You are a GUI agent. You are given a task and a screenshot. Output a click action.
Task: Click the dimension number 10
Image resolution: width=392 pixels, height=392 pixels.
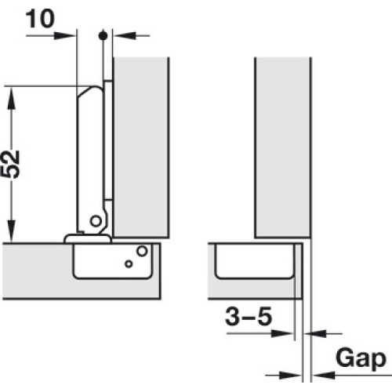[x=40, y=19]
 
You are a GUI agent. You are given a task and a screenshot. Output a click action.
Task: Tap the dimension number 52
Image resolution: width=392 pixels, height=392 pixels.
[x=10, y=164]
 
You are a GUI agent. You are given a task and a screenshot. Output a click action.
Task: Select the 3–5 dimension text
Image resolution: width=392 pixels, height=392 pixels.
[x=249, y=316]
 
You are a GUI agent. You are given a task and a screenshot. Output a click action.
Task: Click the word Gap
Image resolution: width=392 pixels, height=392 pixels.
[x=361, y=359]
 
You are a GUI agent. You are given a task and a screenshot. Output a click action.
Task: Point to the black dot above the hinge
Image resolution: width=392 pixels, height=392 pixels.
[x=103, y=35]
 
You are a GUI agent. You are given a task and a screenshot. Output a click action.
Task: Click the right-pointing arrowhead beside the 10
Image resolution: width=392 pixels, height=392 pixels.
[x=64, y=35]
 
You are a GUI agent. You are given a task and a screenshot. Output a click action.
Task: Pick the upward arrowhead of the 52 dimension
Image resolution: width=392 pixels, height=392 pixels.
[x=12, y=98]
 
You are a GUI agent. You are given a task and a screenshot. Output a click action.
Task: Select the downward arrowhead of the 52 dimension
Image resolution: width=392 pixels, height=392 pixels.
[x=12, y=230]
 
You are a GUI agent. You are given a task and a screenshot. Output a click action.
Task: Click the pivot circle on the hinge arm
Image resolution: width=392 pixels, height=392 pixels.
[x=96, y=221]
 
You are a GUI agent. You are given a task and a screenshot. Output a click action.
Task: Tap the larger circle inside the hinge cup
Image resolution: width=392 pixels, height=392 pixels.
[x=142, y=251]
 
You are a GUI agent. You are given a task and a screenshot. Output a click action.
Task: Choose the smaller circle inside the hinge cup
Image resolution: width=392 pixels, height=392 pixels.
[x=129, y=264]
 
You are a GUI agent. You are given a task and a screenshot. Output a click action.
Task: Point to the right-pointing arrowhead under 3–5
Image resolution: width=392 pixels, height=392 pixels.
[x=281, y=333]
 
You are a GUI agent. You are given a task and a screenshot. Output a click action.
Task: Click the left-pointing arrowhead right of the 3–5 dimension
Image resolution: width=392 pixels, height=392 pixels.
[x=316, y=333]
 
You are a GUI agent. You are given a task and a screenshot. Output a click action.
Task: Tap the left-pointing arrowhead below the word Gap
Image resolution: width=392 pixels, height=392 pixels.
[x=324, y=376]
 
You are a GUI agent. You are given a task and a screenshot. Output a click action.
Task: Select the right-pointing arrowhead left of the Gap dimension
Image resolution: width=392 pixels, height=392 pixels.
[x=289, y=376]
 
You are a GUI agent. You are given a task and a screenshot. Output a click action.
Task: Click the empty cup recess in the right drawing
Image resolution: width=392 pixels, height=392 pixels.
[x=254, y=261]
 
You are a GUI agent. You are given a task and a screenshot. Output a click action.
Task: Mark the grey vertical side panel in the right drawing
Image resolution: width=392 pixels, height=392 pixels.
[x=283, y=147]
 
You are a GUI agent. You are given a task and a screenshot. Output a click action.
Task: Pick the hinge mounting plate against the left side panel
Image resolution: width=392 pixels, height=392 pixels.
[x=108, y=140]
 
